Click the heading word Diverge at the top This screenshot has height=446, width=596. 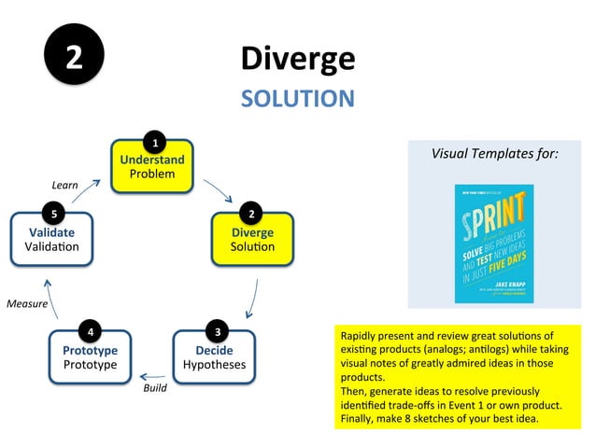pos(297,58)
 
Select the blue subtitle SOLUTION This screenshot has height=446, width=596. pos(297,98)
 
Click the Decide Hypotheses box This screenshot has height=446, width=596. pos(214,357)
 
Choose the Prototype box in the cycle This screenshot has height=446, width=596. pos(90,357)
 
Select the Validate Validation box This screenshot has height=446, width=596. pos(52,241)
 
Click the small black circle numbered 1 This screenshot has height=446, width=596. pos(154,143)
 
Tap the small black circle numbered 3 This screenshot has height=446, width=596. pos(217,331)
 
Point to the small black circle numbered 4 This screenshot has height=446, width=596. pos(91,331)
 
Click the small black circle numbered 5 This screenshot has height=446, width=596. pos(54,215)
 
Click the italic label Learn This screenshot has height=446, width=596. pos(64,185)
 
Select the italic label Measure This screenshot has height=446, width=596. pos(26,303)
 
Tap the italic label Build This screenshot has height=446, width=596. pos(155,387)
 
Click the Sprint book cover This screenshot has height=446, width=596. pos(493,243)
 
